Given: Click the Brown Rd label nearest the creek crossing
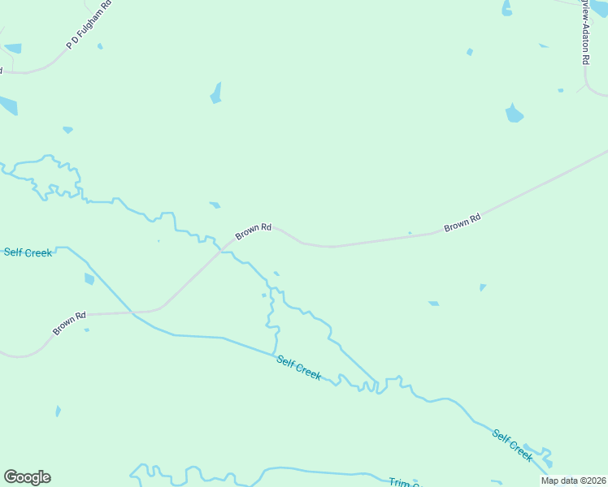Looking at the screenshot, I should [x=253, y=231].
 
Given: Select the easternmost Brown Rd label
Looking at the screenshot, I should [x=463, y=222].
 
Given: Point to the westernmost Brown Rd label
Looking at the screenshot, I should [x=69, y=323].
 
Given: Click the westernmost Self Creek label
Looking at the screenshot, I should [x=28, y=252].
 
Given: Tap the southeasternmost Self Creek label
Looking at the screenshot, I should [x=513, y=446].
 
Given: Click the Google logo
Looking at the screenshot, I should [x=27, y=477].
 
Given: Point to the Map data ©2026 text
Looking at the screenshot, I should [x=574, y=481].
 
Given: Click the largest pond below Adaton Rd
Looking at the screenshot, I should [x=514, y=113].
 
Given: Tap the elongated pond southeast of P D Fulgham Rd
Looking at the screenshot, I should [x=216, y=93].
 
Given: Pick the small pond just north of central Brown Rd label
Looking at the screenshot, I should [x=215, y=205].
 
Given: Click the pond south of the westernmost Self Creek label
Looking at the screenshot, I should [x=89, y=279].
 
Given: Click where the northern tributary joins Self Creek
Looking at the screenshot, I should [x=376, y=383].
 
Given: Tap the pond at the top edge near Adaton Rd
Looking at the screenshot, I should [x=506, y=8].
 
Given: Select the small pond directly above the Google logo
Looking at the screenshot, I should [x=58, y=412].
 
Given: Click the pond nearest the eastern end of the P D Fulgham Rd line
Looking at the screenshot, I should [x=100, y=46].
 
